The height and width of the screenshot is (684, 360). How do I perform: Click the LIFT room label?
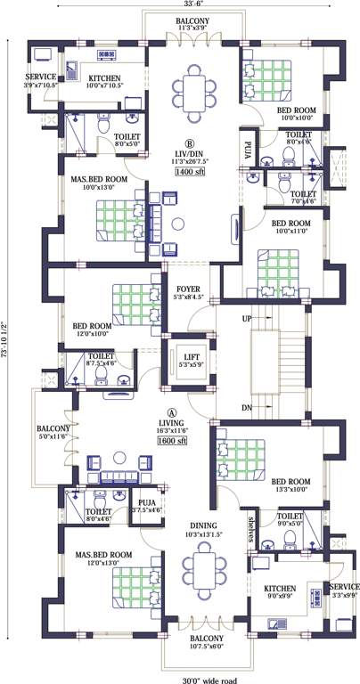coord(187,358)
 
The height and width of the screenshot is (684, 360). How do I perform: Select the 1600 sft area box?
coord(172,441)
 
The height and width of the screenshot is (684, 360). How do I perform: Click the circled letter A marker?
coord(171,412)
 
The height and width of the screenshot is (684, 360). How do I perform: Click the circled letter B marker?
coord(189,142)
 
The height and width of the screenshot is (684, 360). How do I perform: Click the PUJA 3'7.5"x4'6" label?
coord(146,506)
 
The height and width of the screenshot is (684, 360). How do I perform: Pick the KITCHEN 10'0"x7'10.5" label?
coord(103,82)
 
